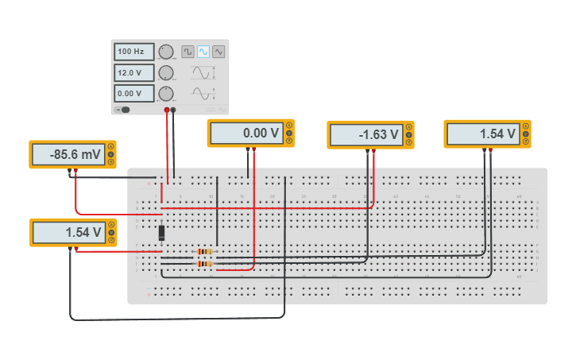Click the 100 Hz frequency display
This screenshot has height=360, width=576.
click(133, 52)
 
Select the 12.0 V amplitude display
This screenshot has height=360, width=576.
click(133, 72)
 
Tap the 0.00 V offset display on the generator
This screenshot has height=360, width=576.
click(133, 92)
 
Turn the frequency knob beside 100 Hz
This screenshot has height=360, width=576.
click(166, 52)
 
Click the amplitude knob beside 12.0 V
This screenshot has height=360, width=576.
click(166, 73)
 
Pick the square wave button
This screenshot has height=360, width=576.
click(187, 52)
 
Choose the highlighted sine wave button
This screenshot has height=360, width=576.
click(203, 52)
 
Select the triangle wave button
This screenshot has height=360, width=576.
click(218, 52)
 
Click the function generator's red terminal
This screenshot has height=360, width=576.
click(167, 110)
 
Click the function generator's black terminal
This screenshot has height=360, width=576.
click(173, 110)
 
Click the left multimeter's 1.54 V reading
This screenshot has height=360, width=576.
click(68, 233)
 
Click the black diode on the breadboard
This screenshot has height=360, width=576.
click(162, 233)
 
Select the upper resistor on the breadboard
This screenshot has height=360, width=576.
click(205, 252)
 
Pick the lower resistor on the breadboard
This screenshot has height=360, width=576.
click(205, 264)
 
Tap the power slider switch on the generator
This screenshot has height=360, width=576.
click(123, 110)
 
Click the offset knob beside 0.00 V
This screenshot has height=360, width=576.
click(166, 93)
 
